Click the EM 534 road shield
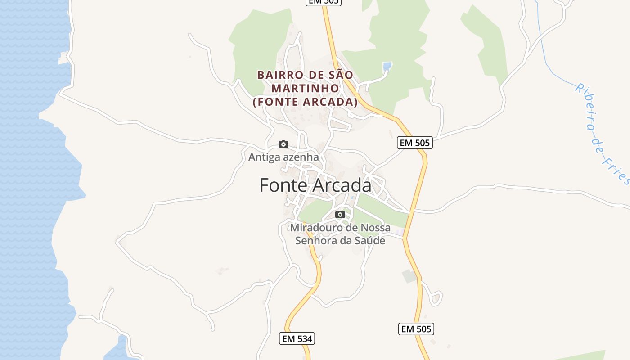point(297,338)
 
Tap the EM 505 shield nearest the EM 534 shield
point(416,329)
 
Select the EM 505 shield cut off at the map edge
point(324,2)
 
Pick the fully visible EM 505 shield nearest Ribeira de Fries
point(414,143)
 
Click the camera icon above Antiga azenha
point(283,144)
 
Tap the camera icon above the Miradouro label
point(340,214)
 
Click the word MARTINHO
point(305,88)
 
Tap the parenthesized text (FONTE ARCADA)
point(305,102)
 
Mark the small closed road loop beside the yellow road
point(436,298)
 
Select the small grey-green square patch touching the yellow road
point(410,276)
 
